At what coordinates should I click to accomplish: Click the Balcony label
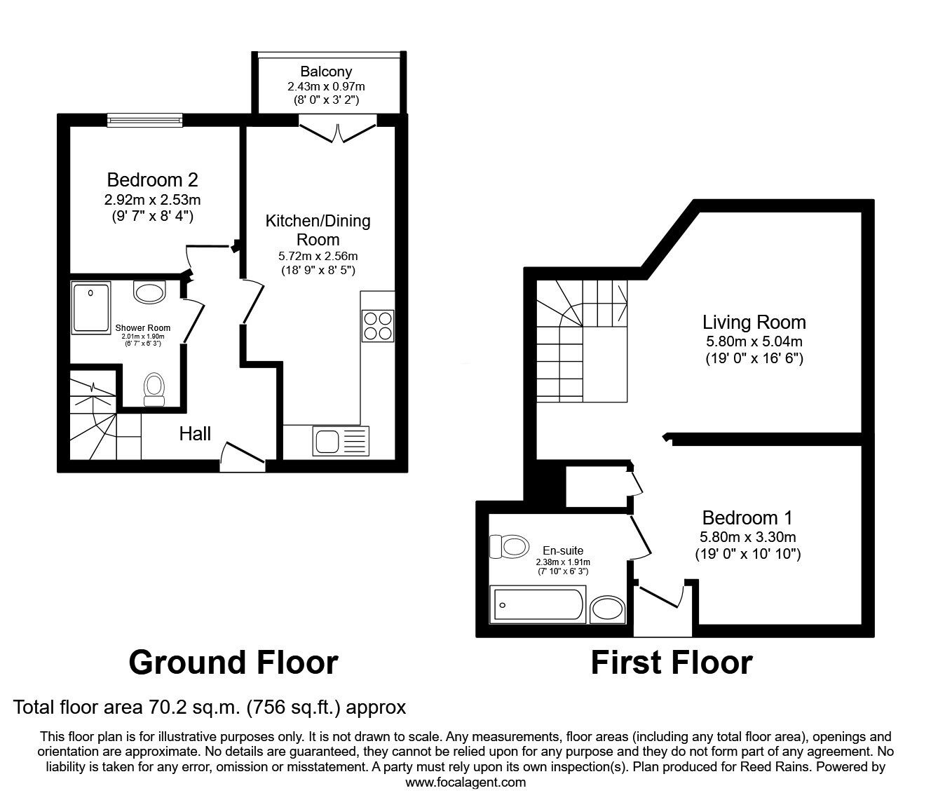coord(326,72)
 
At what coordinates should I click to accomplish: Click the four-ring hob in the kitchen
coord(378,325)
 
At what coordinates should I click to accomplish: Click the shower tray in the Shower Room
coord(90,307)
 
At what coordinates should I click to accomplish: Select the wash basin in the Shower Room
coord(149,292)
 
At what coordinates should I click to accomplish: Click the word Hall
coord(195,433)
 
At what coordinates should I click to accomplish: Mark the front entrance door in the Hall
coord(242,454)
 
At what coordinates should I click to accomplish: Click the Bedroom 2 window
coord(144,121)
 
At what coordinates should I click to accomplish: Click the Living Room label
coord(754,323)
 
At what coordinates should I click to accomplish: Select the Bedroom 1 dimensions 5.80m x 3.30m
coord(747,538)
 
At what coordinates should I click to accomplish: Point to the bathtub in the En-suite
coord(538,605)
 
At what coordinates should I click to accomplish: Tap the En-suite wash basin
coord(607,609)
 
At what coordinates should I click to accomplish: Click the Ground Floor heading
coord(233,662)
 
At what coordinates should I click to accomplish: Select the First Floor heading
coord(671,662)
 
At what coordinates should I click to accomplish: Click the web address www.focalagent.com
coord(465,782)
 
